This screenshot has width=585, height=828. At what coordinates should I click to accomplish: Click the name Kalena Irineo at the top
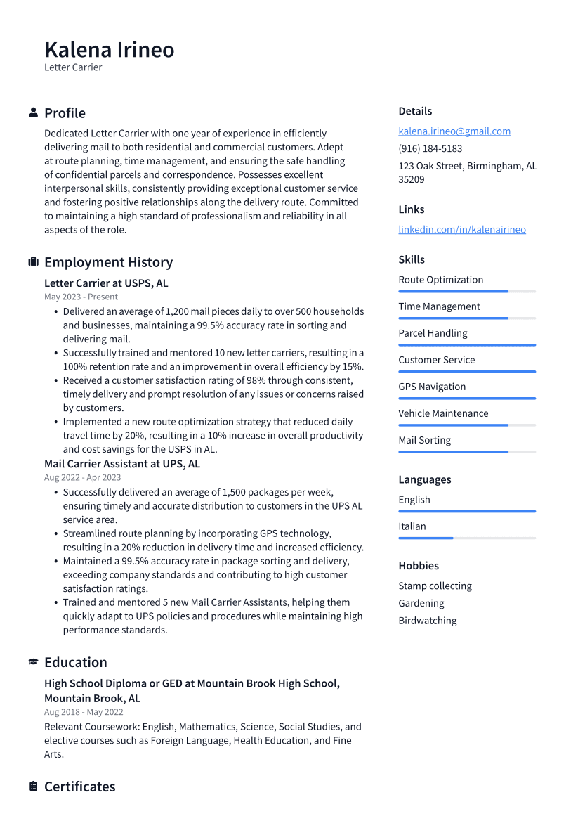(110, 50)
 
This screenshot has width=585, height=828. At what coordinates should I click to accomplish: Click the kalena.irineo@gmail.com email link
(454, 131)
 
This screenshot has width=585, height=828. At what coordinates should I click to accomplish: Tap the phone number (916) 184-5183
(430, 148)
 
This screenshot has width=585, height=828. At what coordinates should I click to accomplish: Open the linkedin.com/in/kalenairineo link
(461, 229)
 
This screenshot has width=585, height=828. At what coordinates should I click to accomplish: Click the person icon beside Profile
(33, 113)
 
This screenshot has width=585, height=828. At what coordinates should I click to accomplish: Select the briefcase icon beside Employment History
(33, 262)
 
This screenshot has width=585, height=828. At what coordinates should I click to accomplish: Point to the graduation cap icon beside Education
(33, 662)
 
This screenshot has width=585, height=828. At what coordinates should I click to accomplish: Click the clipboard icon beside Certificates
(33, 787)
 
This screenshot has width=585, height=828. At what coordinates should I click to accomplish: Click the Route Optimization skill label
(440, 280)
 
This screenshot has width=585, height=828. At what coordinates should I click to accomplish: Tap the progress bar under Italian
(467, 538)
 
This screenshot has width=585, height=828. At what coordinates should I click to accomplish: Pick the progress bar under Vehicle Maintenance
(467, 425)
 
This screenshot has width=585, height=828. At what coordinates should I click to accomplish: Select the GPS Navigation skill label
(432, 387)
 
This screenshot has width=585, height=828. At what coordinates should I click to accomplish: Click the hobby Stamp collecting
(435, 586)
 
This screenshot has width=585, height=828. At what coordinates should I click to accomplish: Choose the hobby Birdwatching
(427, 621)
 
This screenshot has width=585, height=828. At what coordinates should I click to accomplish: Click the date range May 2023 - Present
(81, 297)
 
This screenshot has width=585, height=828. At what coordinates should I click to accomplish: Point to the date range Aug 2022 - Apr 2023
(82, 477)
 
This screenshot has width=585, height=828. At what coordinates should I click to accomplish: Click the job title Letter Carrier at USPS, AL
(106, 283)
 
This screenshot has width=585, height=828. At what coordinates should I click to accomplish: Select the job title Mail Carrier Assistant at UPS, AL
(122, 464)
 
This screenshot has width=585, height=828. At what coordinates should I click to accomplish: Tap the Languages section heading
(424, 479)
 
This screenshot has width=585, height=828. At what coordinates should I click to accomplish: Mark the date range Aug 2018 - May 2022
(84, 712)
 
